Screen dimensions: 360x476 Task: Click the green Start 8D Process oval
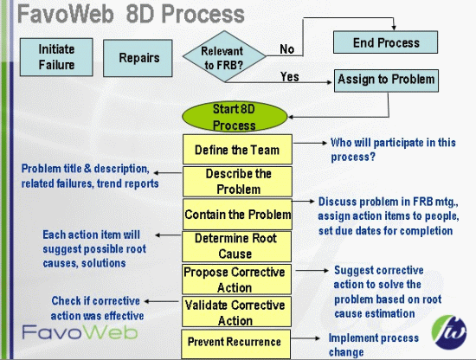pyautogui.click(x=235, y=117)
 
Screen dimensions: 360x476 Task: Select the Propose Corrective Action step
pyautogui.click(x=235, y=280)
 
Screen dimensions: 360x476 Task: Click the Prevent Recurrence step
pyautogui.click(x=235, y=342)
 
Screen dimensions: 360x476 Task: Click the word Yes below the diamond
pyautogui.click(x=290, y=78)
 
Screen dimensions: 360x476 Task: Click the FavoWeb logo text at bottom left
pyautogui.click(x=65, y=331)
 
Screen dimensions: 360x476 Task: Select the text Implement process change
pyautogui.click(x=373, y=345)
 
